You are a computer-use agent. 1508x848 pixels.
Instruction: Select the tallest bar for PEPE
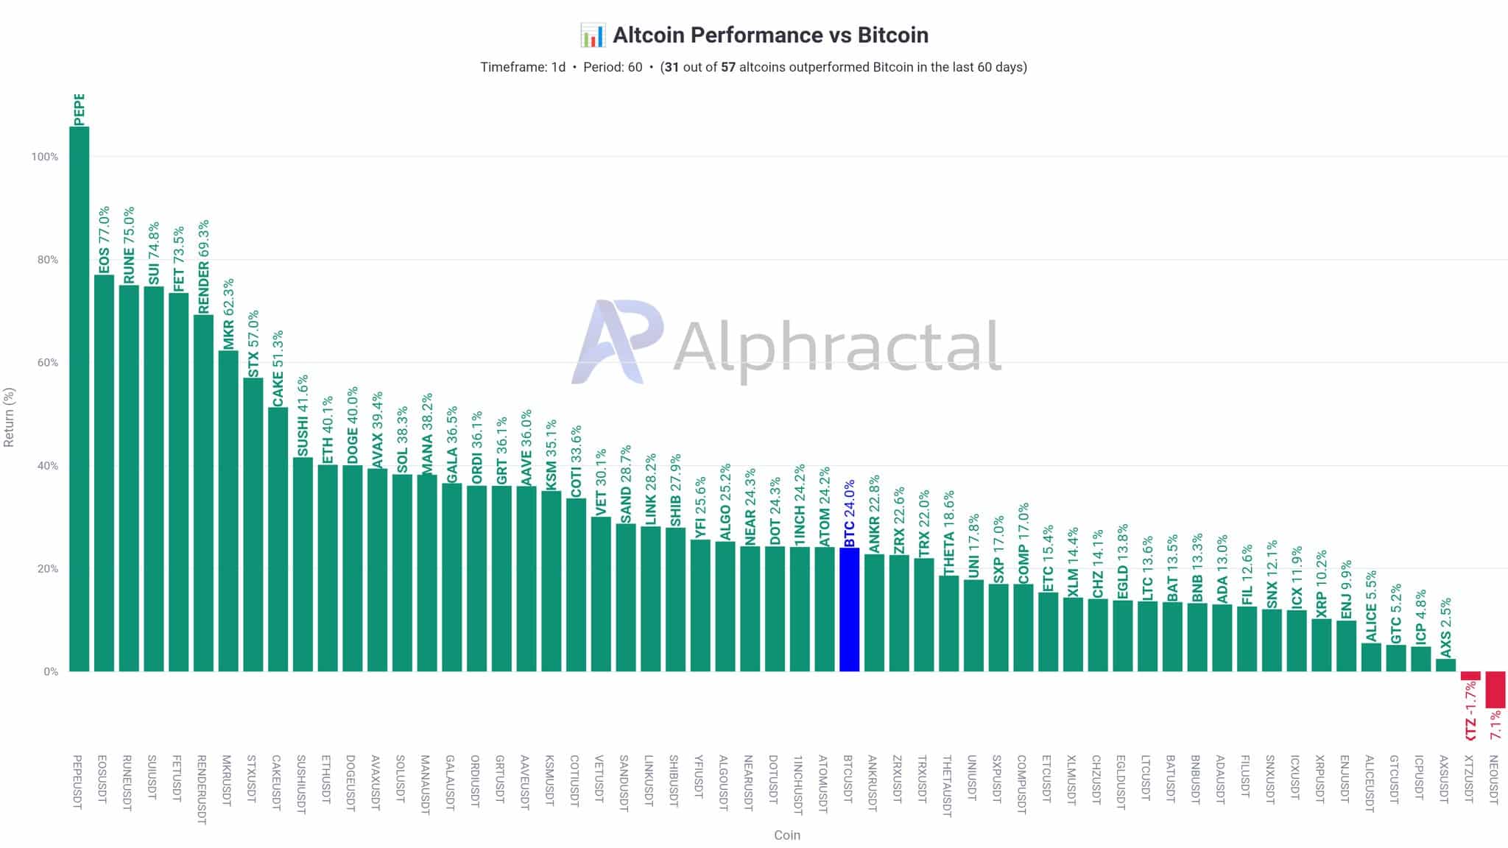80,397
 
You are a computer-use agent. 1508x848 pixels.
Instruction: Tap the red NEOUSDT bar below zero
1495,690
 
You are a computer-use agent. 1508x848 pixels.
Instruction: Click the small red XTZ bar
1470,676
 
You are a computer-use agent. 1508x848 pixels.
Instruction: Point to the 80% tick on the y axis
45,260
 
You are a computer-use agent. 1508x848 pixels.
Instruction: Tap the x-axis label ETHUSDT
327,782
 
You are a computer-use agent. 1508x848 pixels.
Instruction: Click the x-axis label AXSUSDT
1444,782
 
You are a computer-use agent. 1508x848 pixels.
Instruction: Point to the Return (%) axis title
9,417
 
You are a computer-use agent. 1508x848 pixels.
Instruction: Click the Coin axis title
786,835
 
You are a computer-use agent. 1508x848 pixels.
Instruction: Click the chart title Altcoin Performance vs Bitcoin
770,35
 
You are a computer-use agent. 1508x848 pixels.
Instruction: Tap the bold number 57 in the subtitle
727,67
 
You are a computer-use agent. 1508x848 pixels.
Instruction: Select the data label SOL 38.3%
402,439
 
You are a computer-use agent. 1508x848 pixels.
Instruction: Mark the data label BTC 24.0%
850,513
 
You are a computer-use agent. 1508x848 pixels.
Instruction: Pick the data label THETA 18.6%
949,532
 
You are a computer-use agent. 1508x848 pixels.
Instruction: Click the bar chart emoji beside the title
592,35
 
